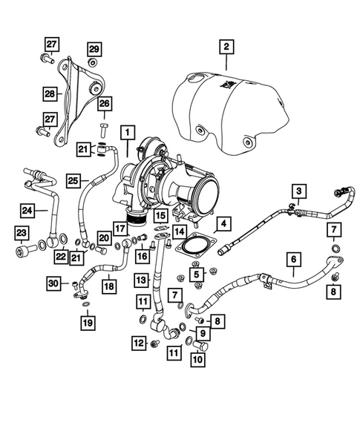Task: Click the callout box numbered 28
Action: [x=49, y=94]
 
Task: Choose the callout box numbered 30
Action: [x=53, y=283]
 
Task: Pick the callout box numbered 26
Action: [x=103, y=103]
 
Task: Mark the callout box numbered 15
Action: [x=160, y=217]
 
